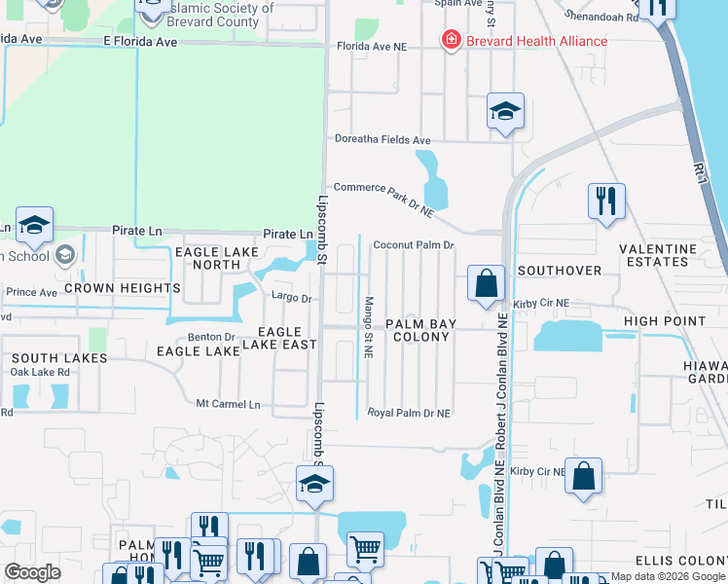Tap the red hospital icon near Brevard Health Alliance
click(x=451, y=40)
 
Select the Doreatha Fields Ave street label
click(x=382, y=140)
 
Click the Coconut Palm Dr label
click(x=414, y=245)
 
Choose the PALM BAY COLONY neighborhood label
click(x=418, y=330)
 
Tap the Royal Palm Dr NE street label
click(x=409, y=413)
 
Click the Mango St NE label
click(x=369, y=327)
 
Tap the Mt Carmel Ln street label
click(x=229, y=404)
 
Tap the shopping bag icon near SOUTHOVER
click(x=486, y=284)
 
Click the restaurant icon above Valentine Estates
click(x=606, y=201)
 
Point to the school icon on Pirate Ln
click(x=34, y=227)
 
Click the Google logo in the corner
click(x=32, y=572)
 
